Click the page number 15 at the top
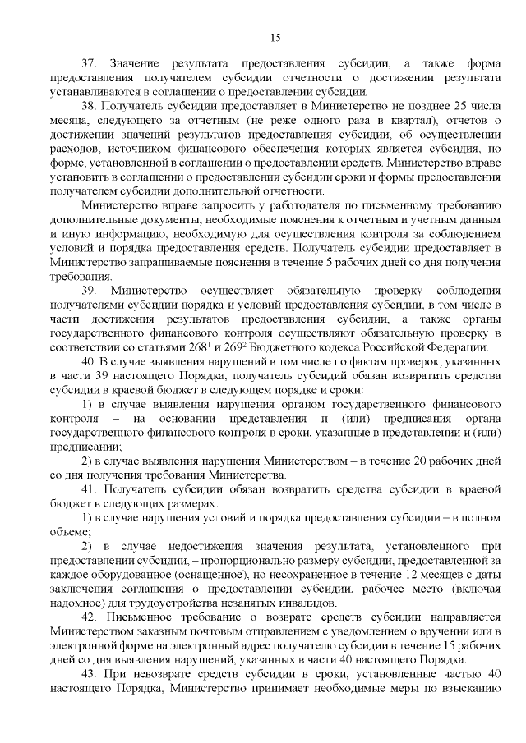(275, 36)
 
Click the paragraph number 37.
(89, 63)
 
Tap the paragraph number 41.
(89, 491)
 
